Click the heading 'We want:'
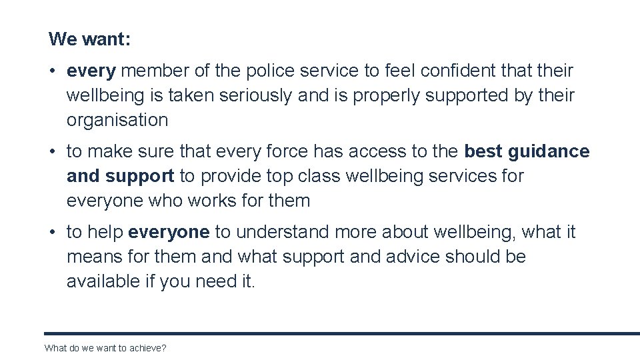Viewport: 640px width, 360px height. (89, 39)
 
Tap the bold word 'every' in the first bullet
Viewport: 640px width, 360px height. (91, 71)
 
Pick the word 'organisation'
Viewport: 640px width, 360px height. (117, 120)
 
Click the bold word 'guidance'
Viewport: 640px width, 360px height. (549, 151)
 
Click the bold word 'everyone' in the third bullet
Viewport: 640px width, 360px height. (169, 232)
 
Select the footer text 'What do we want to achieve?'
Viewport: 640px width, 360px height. (105, 348)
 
